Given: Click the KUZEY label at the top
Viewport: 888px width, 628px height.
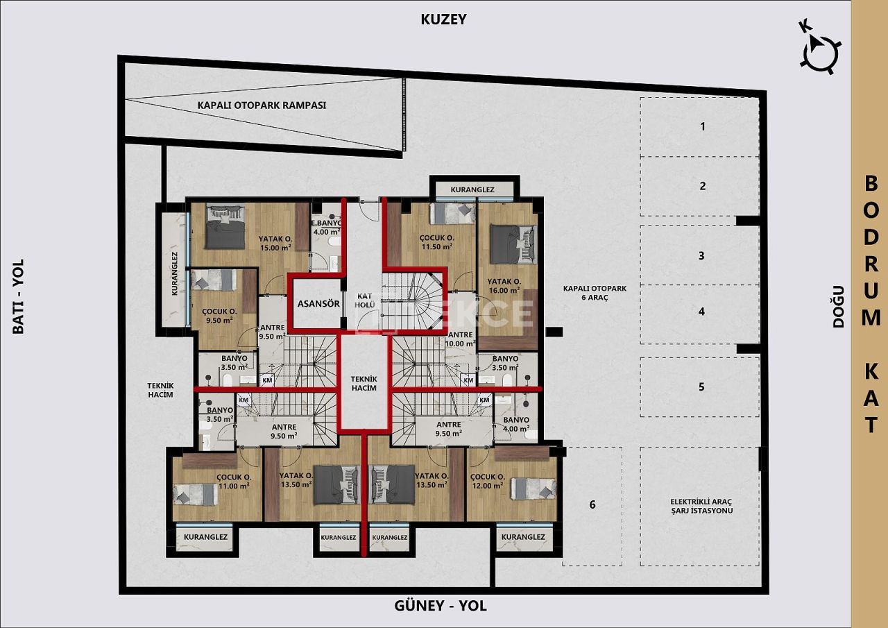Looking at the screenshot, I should point(443,19).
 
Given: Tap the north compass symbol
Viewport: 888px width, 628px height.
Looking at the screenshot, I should point(820,49).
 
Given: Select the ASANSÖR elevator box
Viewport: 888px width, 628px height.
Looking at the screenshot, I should point(318,303).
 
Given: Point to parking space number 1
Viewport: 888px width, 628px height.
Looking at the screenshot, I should point(702,126).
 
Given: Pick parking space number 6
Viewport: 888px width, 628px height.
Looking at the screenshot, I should point(592,504).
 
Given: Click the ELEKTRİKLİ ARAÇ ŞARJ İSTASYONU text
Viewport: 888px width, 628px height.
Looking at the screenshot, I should point(701,506).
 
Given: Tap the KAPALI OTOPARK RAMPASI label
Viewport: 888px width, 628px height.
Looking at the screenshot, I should point(262,105).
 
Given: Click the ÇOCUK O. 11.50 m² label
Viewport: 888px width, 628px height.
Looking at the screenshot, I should point(436,241).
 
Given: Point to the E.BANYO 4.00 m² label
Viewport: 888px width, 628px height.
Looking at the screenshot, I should point(325,227).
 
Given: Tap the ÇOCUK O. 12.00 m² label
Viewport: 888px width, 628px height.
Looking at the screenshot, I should point(486,482).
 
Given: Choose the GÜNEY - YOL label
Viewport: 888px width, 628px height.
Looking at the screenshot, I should point(440,606).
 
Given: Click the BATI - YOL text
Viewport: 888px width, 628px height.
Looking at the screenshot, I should point(18,296).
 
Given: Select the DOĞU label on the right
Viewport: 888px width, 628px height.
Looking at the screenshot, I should point(838,306).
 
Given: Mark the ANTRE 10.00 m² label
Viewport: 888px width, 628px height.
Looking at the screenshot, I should point(460,339).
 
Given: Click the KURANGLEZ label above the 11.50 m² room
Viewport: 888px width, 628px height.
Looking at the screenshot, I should point(472,189).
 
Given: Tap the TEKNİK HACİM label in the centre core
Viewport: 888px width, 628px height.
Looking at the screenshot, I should point(364,383).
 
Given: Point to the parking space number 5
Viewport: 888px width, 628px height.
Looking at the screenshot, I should point(701,387).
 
